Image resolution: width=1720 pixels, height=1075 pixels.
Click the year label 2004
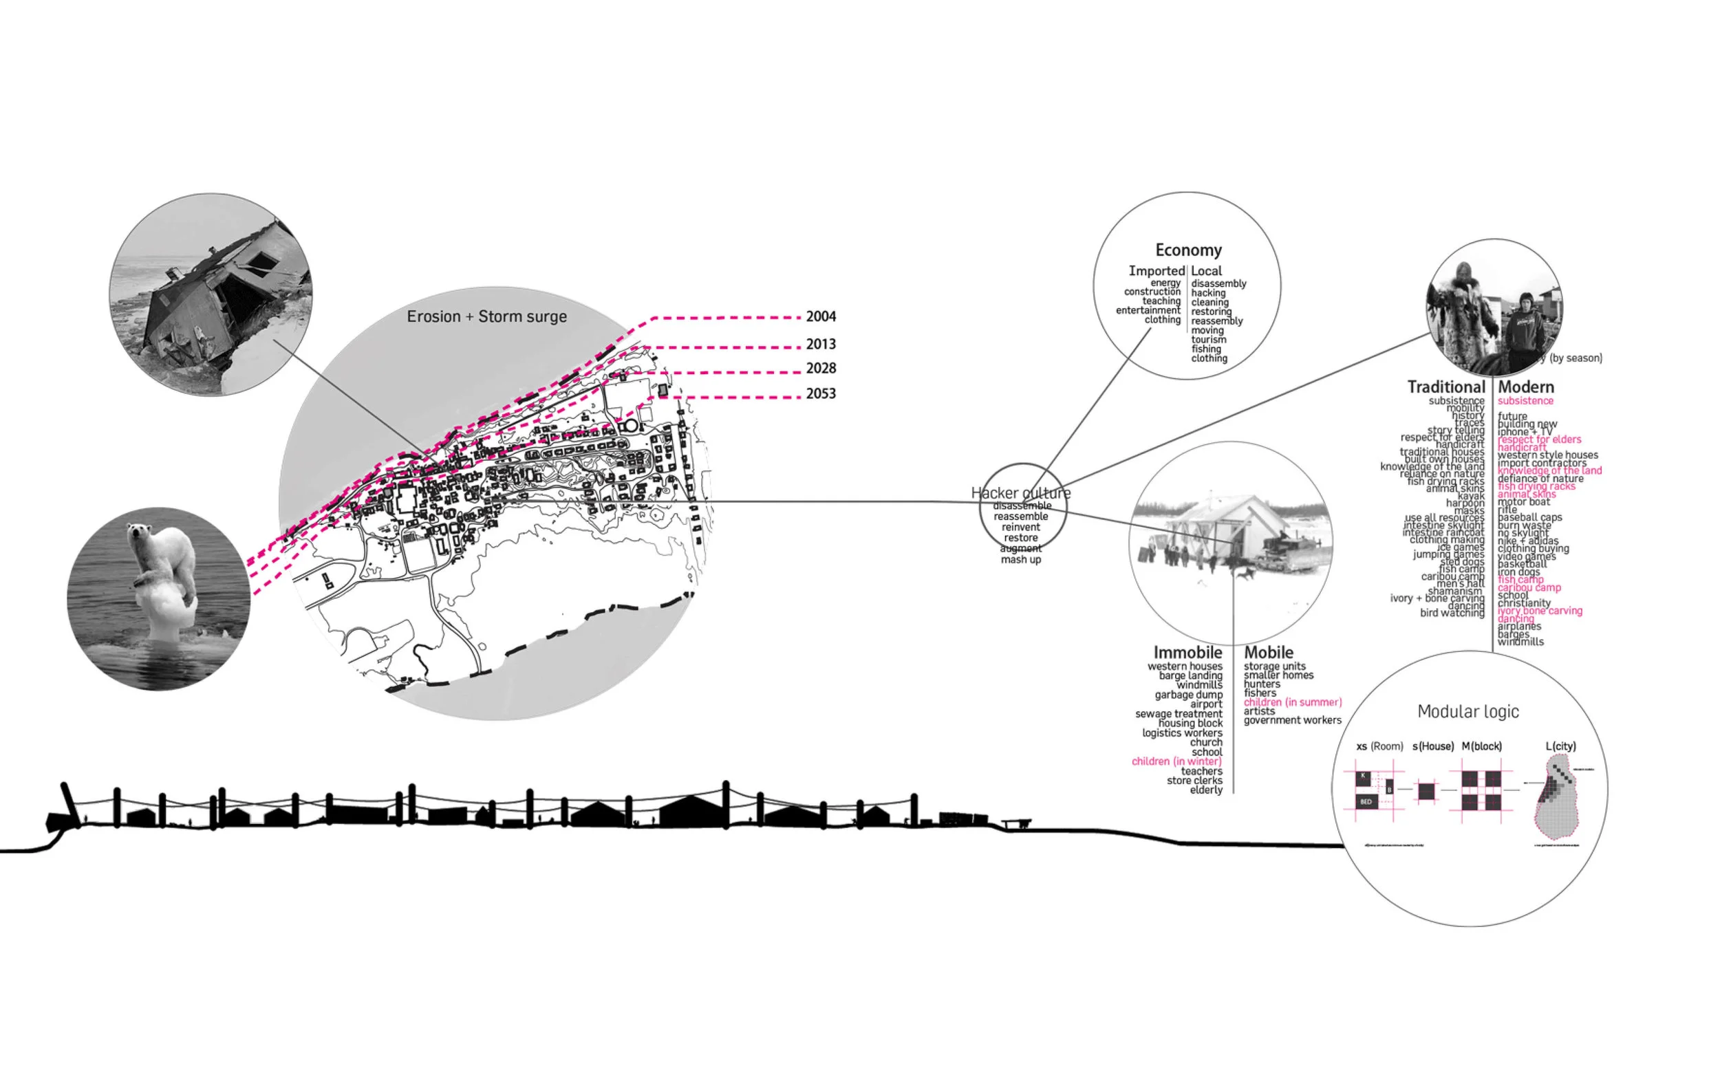821,316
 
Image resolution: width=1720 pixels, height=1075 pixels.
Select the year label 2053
821,393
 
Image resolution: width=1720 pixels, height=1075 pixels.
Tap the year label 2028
821,368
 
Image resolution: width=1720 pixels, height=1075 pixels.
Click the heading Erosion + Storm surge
486,316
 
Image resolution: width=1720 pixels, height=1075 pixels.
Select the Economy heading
1188,250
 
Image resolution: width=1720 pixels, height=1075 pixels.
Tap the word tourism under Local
1209,339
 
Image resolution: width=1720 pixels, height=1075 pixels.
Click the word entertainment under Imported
1148,310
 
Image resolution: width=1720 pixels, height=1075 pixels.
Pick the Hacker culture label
1020,492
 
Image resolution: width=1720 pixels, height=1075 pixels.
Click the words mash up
1020,560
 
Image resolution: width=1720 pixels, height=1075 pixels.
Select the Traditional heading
1445,387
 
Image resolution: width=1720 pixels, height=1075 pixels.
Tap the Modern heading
1526,387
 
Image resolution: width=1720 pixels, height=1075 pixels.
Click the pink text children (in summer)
1292,702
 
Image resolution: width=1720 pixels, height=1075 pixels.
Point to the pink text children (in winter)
1176,761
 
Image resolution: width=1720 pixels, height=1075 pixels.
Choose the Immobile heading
1187,652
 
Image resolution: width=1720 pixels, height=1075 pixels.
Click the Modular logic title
1468,711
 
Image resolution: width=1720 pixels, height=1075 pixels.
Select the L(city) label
1560,746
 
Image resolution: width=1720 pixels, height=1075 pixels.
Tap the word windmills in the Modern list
1520,641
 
